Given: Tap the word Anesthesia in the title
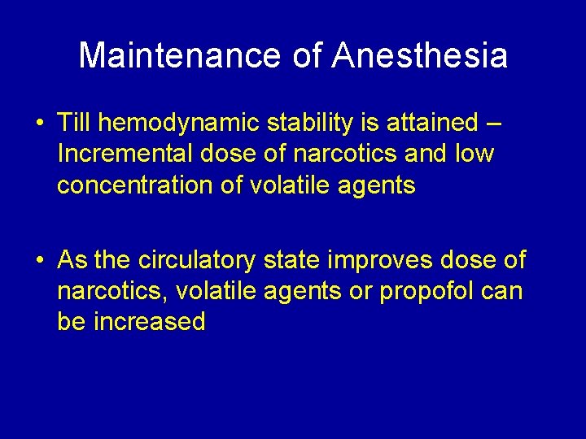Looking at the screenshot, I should click(x=421, y=56).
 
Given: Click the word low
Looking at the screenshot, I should click(x=474, y=154).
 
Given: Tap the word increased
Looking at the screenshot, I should click(x=149, y=322).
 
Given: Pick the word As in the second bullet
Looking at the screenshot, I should click(x=72, y=260).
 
